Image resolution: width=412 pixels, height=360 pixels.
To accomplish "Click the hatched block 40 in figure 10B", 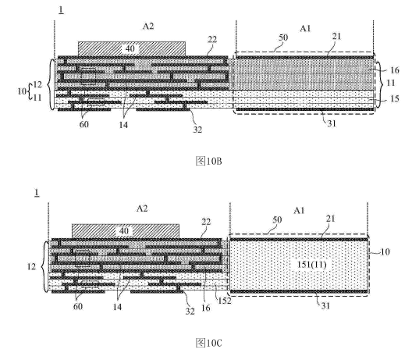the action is pos(132,48).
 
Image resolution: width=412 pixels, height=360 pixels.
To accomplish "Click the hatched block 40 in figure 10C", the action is pos(126,231).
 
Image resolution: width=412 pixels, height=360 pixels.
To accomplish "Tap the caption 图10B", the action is pos(208,161).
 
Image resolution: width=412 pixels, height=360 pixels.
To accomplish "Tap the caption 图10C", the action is pos(208,343).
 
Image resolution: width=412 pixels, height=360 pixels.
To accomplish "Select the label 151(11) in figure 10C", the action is pos(311,264).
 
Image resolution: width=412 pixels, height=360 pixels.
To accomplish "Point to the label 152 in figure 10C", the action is pos(225,301).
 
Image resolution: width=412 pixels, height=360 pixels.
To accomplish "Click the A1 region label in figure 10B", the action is pos(305,28).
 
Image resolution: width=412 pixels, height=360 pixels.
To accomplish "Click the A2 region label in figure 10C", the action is pos(142,209).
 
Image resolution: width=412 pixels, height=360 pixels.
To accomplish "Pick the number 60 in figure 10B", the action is pos(83,124).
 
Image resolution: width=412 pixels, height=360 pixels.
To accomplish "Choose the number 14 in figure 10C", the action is pos(117,307).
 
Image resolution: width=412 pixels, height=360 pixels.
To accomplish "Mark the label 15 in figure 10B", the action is pos(394,98).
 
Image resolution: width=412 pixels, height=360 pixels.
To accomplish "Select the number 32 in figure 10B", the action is pos(197,130).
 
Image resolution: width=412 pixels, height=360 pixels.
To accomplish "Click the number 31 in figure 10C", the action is pos(325,306).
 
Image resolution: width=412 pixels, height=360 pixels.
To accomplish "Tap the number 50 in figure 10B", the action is pos(283,37).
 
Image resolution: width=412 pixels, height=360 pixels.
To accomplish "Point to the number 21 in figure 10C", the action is pos(331,219).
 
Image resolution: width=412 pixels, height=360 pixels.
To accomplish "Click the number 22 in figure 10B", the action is pos(212,40).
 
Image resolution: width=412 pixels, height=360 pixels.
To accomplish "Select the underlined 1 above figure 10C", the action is pos(37,193).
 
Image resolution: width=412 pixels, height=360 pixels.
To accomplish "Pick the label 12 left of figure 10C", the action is pos(31,266).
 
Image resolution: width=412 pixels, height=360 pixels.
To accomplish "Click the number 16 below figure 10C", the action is pos(205,308).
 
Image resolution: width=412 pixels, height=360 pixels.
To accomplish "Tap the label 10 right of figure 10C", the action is pos(385,252).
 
